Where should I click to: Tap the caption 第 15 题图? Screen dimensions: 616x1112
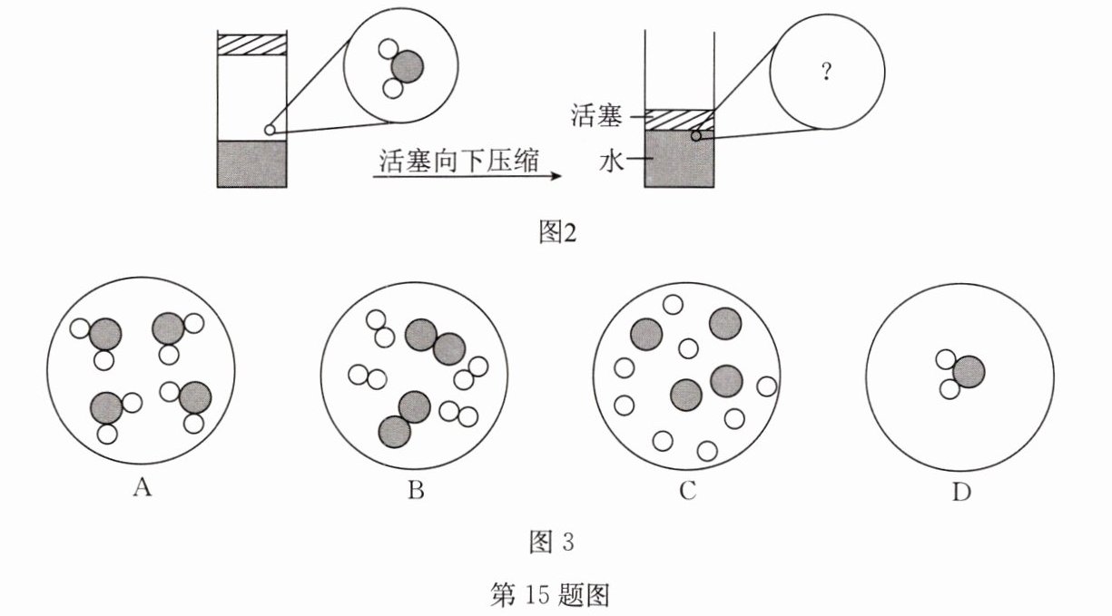555,594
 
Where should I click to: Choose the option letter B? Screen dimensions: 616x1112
416,491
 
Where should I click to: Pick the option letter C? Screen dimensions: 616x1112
687,491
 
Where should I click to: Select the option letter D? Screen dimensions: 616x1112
962,491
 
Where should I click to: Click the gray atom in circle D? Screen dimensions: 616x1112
969,371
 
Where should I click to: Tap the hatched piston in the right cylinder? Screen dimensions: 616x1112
679,119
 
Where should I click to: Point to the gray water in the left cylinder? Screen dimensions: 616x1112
251,163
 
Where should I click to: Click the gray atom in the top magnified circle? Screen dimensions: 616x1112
408,65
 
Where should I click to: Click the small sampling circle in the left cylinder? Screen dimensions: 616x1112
269,130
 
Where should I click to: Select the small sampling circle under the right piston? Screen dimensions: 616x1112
694,137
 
